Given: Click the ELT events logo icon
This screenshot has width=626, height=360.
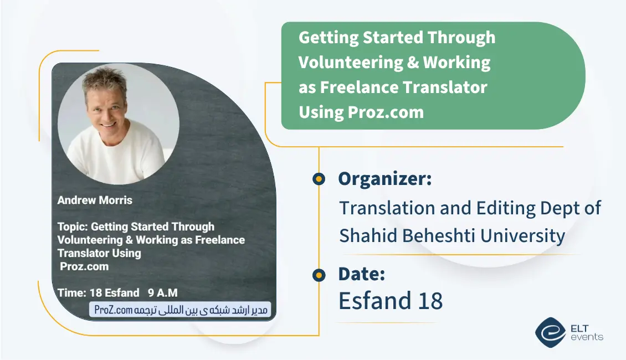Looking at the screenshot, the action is pos(551,332).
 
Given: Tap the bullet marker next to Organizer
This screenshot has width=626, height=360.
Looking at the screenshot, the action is pos(319,179).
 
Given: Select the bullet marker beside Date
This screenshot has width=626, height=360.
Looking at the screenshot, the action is pos(319,275).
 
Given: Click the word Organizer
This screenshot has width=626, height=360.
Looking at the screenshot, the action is pos(384,179).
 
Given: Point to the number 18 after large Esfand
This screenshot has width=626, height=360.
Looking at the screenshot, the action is pos(430,301).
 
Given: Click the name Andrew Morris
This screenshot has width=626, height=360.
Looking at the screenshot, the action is pos(95,200).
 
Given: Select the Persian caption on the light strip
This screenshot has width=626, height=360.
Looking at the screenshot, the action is pos(181,310).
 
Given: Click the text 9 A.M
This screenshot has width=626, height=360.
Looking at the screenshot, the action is pos(162,293).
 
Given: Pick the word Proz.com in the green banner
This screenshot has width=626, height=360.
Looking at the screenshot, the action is pos(386,112).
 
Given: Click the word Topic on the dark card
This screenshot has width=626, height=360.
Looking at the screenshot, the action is pos(72,227).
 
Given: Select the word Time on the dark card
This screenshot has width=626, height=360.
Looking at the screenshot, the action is pos(71,293).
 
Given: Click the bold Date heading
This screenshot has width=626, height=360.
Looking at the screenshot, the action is pos(361,274).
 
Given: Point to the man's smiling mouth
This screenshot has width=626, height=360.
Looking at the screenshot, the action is pos(106,125).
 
